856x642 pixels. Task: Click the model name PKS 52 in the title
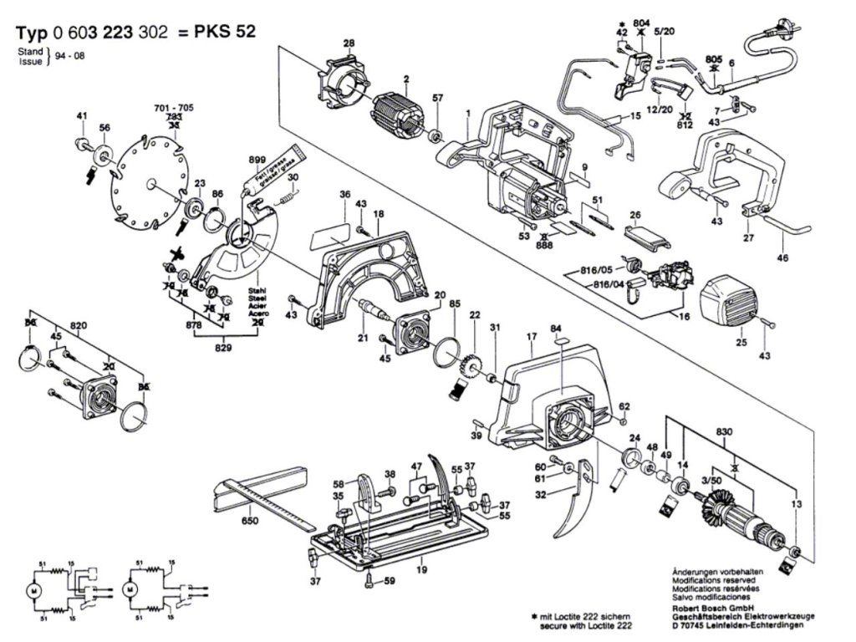coord(226,33)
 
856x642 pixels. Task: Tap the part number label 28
coord(349,43)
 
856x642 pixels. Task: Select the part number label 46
coord(782,258)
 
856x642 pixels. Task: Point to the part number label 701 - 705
coord(173,109)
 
